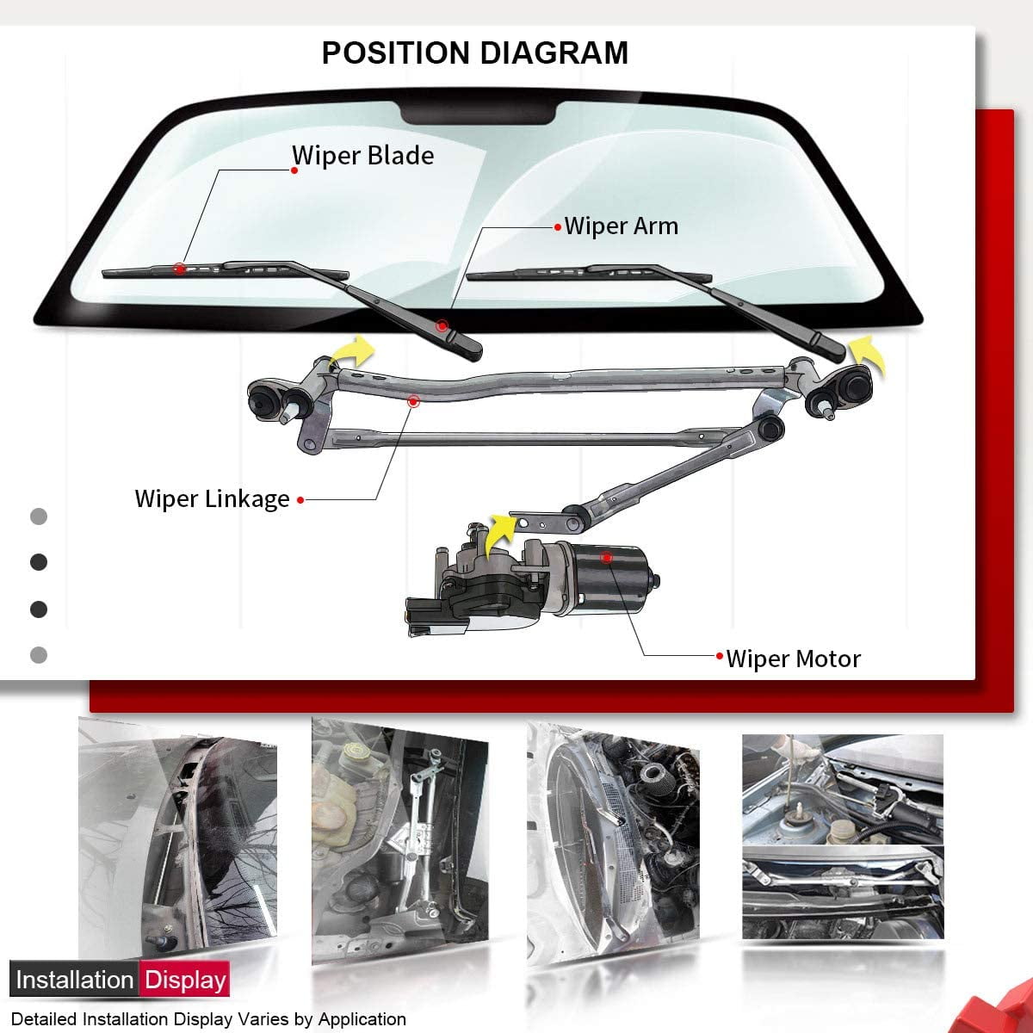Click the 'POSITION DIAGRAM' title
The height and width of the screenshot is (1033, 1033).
474,53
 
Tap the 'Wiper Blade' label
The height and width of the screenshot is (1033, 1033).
362,156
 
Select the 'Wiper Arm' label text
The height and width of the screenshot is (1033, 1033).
621,226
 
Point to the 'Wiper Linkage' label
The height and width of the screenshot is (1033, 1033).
212,499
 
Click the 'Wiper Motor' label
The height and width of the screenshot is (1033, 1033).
793,659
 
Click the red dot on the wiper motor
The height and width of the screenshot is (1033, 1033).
606,558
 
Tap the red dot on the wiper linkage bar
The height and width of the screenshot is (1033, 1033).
413,401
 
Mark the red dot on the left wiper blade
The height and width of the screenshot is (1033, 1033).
179,269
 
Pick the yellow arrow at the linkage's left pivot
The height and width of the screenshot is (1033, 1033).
354,351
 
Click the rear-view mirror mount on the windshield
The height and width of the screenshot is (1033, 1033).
479,113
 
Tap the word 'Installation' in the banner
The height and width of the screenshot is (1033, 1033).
75,980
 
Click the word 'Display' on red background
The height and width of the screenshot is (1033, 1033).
185,980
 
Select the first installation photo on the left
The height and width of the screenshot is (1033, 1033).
176,844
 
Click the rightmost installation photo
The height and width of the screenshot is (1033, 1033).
842,839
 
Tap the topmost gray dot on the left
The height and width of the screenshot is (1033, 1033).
39,516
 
